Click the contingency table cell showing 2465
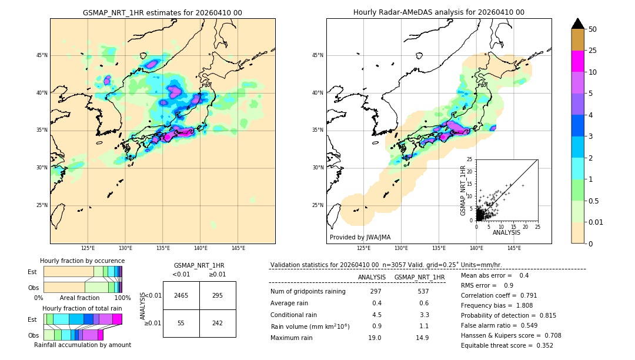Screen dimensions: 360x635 [x=181, y=295]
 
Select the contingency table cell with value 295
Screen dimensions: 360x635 [x=218, y=295]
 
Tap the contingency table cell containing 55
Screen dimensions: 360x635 [x=181, y=324]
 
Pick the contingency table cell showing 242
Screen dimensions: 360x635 [x=218, y=324]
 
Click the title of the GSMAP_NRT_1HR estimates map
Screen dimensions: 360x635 [x=162, y=12]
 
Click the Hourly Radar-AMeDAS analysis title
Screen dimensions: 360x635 [x=439, y=12]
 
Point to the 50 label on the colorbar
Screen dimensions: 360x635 [x=593, y=29]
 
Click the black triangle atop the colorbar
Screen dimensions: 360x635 [x=577, y=24]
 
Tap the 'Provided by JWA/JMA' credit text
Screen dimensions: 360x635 [x=360, y=238]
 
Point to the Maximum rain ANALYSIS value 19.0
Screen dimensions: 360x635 [x=375, y=338]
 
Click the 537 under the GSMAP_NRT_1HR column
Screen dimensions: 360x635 [x=423, y=291]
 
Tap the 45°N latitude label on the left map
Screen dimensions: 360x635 [x=42, y=55]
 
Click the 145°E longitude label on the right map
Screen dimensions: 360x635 [x=514, y=248]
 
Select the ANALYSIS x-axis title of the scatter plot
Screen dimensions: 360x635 [x=506, y=232]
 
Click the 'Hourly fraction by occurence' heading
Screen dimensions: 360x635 [x=82, y=261]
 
